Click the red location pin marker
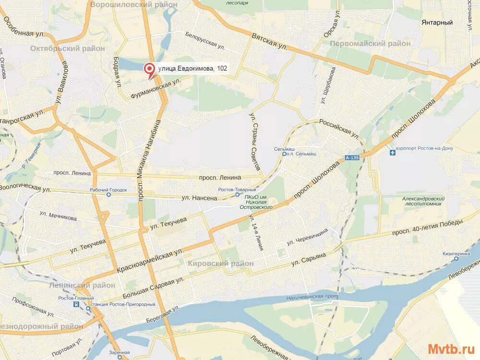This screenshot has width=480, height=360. coord(150,71)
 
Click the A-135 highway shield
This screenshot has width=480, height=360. coord(351,158)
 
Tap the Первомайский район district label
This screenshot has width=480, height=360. coord(370,44)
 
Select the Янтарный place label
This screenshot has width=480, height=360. coord(437,23)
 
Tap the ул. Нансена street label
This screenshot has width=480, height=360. coord(200,197)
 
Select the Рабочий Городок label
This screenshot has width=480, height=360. coord(108,190)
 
